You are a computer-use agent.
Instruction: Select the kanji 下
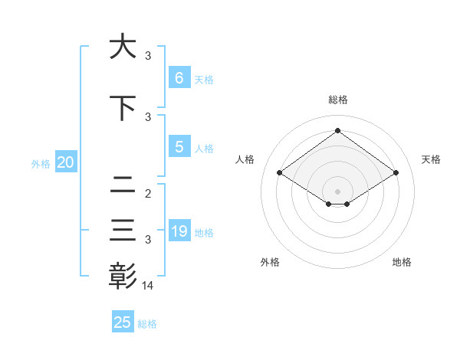tap(123, 108)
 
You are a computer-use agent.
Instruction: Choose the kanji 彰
tap(123, 275)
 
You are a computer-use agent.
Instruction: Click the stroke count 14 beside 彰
tap(148, 285)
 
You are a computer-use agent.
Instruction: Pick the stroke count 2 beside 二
tap(148, 194)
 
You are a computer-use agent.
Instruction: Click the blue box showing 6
tap(179, 77)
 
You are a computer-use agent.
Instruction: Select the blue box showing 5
tap(179, 147)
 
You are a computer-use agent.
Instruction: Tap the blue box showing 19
tap(179, 231)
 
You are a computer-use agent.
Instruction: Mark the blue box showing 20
tap(65, 162)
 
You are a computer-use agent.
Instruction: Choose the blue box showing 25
tap(123, 322)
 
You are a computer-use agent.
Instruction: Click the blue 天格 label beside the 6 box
tap(204, 79)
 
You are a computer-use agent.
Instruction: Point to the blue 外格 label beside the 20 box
tap(41, 164)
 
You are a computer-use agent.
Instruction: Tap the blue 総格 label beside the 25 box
tap(147, 324)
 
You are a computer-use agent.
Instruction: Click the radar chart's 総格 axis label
tap(337, 100)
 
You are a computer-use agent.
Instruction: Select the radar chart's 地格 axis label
tap(402, 262)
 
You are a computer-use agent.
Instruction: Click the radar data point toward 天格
tap(396, 173)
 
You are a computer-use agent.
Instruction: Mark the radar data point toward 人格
tap(280, 173)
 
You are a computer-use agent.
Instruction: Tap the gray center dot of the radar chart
tap(337, 191)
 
